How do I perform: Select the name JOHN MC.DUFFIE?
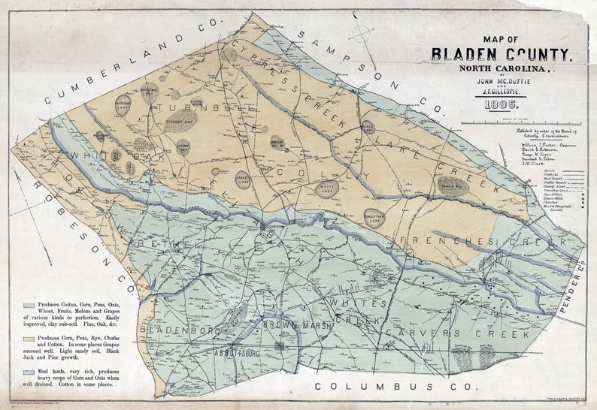coord(497,79)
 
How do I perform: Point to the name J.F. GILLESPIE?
coord(497,92)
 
